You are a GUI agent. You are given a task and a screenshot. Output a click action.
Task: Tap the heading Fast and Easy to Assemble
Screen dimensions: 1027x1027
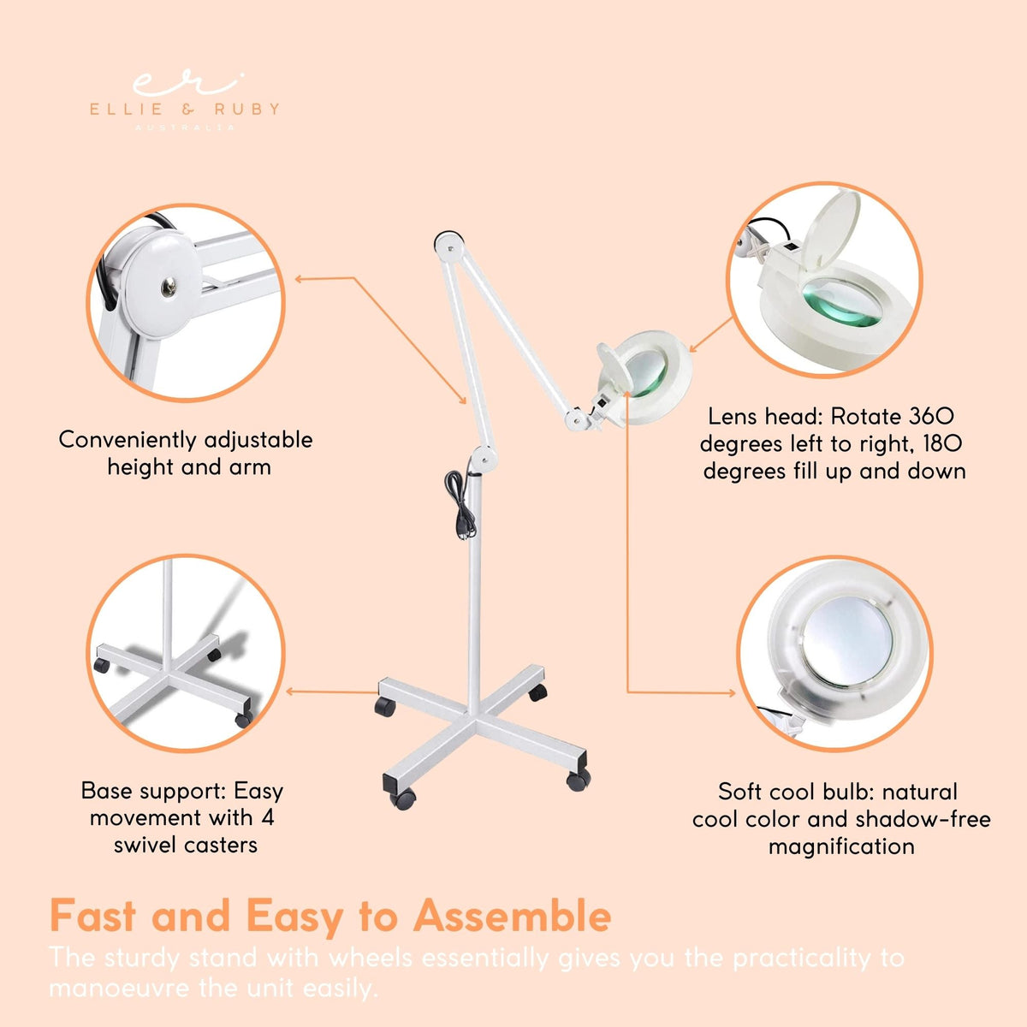coord(329,916)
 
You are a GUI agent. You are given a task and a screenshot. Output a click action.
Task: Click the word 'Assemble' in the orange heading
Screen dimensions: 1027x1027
coord(512,916)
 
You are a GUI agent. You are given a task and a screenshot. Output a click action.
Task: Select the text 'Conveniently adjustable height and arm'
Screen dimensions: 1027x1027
coord(186,453)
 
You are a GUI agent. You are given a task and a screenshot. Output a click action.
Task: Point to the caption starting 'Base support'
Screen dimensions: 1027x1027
coord(183,817)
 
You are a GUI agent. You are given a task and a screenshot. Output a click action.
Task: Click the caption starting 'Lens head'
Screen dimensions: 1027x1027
coord(832,443)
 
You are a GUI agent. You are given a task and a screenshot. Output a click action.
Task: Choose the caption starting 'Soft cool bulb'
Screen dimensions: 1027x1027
coord(840,819)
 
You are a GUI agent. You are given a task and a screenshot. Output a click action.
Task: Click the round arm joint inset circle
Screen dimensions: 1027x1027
coord(186,302)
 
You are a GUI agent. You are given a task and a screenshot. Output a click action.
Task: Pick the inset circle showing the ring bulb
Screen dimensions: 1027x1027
coord(834,655)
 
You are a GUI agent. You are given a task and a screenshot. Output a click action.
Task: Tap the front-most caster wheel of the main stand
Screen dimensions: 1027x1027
coord(401,798)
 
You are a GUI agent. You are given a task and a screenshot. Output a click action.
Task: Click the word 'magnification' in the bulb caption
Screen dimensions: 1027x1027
coord(840,846)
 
